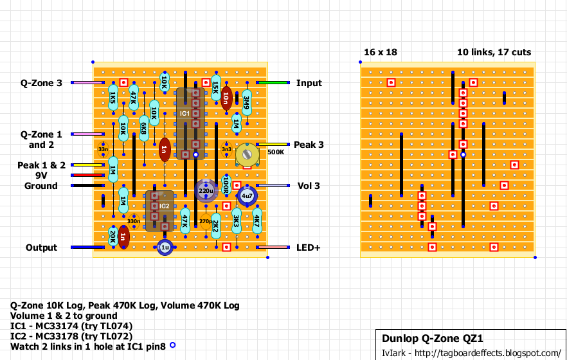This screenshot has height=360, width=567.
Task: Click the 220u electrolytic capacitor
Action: tap(206, 191)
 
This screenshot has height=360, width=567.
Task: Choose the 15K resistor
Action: tap(216, 88)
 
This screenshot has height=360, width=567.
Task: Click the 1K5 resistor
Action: tap(113, 98)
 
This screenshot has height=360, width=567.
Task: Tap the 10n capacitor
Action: tap(226, 98)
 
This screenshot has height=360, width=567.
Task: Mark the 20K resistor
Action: tap(113, 237)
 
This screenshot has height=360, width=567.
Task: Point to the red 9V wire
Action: tap(87, 175)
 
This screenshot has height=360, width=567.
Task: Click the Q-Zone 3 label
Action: tap(41, 83)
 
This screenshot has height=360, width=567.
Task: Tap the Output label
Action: tap(41, 248)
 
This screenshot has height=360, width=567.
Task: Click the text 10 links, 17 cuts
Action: tap(494, 51)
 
